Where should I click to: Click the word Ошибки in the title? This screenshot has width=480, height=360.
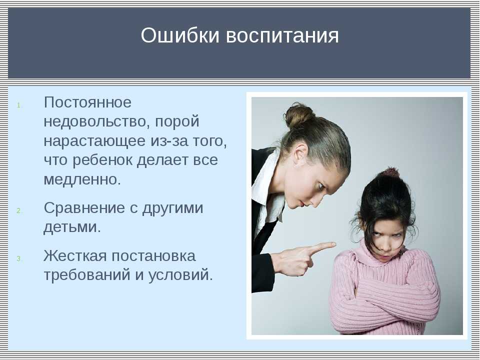180,35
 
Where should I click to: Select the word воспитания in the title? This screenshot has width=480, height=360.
282,35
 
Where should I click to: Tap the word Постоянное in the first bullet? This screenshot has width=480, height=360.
87,102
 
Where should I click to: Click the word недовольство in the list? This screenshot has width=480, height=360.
97,121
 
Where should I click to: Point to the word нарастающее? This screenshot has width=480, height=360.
94,141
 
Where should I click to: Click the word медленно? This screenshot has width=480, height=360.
82,179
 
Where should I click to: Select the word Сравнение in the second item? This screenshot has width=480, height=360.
84,208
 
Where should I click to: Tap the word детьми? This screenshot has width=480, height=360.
72,227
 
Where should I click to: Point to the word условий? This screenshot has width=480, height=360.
180,274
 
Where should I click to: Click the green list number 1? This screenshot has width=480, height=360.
19,105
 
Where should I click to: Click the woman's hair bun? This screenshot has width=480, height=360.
298,115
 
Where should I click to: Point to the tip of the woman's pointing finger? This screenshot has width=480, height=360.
335,244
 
